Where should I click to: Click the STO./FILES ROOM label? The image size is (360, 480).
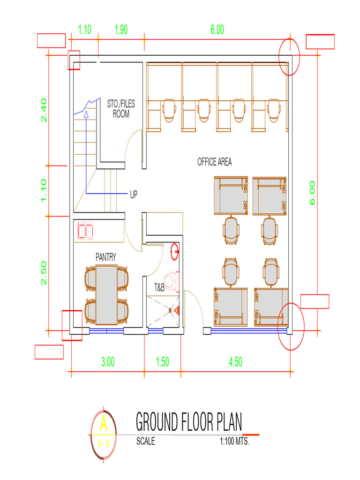tap(120, 109)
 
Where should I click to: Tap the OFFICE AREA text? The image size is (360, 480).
tap(214, 162)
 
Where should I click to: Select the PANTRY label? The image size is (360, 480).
tap(105, 257)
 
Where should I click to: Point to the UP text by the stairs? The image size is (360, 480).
tap(134, 194)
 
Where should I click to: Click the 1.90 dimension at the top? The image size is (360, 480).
tap(121, 30)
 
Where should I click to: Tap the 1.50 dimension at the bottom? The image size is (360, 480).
tap(162, 362)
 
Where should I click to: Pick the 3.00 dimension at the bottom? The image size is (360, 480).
tap(108, 362)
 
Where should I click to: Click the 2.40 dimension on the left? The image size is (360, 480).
tap(44, 110)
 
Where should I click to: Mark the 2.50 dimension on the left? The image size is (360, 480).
tap(44, 273)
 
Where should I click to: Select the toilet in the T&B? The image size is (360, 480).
tap(172, 281)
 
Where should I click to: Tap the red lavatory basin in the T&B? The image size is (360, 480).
tap(175, 251)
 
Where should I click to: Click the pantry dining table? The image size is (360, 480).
tap(106, 294)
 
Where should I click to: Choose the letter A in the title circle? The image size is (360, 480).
tap(104, 425)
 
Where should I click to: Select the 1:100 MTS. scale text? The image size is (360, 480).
tap(234, 442)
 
